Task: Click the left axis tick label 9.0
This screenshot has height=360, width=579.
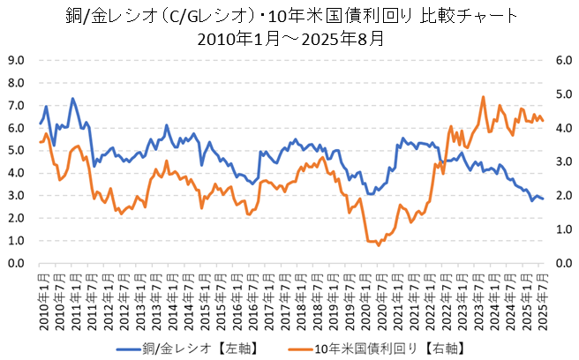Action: [x=17, y=61]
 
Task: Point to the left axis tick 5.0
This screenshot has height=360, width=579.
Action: [x=17, y=151]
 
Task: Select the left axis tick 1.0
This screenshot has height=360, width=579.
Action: [x=17, y=241]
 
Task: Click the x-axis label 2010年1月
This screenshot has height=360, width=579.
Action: [x=41, y=294]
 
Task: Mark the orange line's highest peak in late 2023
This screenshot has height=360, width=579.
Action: [x=484, y=97]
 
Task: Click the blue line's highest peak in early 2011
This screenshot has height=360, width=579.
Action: [x=72, y=99]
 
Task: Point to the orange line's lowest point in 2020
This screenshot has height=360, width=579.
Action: [x=379, y=244]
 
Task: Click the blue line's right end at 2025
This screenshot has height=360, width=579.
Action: [x=543, y=199]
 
